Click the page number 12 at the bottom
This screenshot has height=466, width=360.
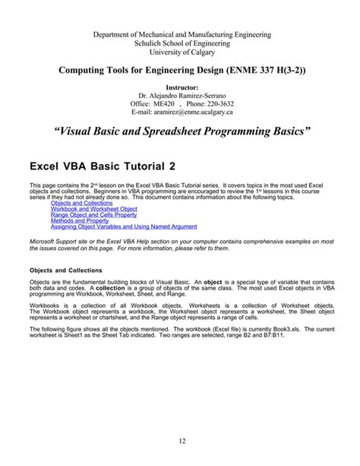[179, 442]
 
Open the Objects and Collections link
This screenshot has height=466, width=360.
[81, 203]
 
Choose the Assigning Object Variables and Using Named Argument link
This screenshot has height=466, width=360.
[124, 227]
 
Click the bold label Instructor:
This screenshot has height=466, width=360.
[180, 87]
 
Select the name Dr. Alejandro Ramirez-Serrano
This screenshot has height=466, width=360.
[180, 95]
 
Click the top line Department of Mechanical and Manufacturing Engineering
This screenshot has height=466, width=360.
[180, 34]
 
